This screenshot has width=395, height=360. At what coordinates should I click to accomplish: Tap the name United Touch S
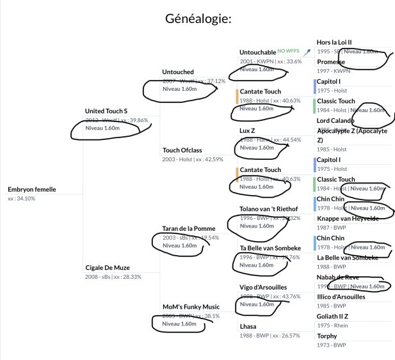click(x=106, y=111)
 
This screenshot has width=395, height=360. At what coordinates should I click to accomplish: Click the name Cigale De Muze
click(x=108, y=267)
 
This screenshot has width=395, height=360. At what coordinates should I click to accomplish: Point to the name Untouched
click(x=178, y=72)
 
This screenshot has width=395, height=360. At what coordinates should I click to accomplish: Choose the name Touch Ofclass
click(x=182, y=150)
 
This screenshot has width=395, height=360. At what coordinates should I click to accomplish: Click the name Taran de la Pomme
click(x=188, y=228)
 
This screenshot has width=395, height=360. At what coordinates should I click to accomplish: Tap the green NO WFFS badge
click(x=290, y=49)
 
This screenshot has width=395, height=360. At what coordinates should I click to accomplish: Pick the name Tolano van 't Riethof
click(x=269, y=208)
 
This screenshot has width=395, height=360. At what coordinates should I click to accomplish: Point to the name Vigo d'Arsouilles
click(x=263, y=287)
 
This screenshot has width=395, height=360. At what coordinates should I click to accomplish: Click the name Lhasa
click(x=249, y=326)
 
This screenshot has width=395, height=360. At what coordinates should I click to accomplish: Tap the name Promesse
click(x=331, y=62)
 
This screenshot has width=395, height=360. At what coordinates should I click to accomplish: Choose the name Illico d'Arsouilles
click(x=350, y=297)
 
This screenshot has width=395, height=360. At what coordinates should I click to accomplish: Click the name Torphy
click(x=326, y=336)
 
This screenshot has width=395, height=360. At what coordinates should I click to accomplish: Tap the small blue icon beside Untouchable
click(x=308, y=51)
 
